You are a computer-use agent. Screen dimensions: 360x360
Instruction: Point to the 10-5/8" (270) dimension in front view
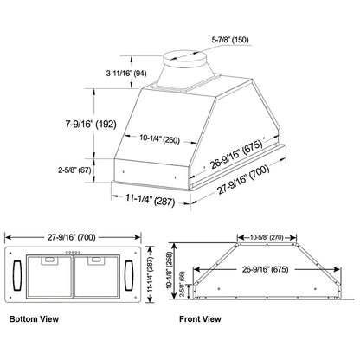pyautogui.click(x=263, y=235)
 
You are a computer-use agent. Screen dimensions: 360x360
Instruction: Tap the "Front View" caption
pyautogui.click(x=200, y=319)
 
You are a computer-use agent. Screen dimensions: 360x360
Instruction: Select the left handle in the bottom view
pyautogui.click(x=16, y=277)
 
